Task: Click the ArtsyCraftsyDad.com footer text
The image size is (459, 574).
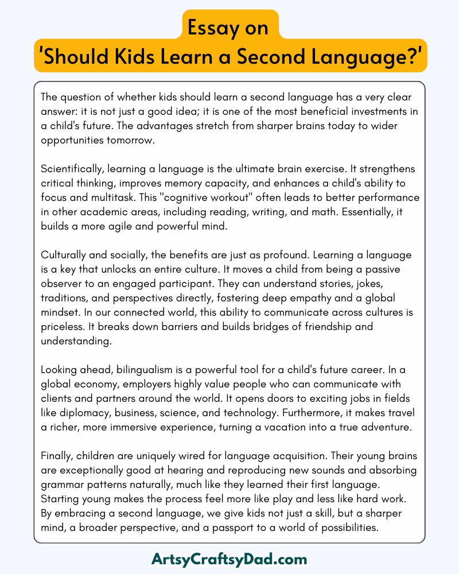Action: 229,559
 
